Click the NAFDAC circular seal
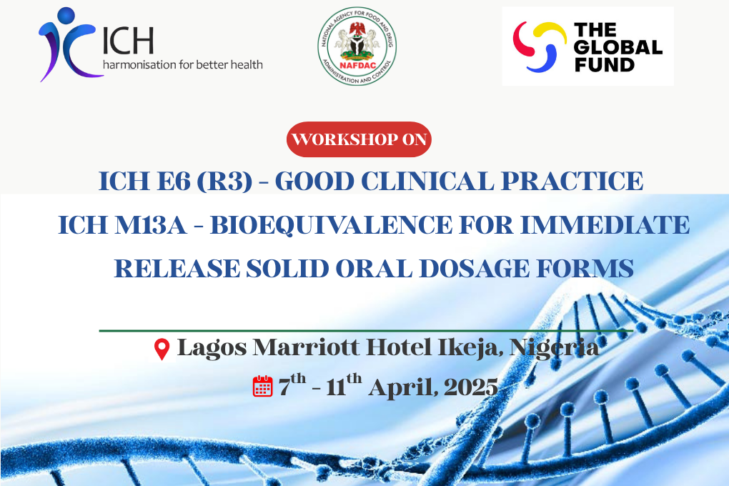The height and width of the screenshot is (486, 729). point(357,46)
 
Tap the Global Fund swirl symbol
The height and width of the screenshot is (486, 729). point(540,46)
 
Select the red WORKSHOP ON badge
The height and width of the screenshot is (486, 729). point(359,139)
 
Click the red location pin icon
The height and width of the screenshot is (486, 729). point(162,349)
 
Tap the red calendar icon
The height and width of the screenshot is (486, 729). point(263,386)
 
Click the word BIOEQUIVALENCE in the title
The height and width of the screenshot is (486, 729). point(331,225)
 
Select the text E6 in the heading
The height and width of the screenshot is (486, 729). point(173,182)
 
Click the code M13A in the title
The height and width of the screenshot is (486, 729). point(151,225)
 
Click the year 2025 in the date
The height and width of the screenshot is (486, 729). point(470,387)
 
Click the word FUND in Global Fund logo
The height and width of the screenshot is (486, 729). point(605,64)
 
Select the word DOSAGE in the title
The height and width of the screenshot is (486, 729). point(475,269)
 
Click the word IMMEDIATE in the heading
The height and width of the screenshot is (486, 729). point(605,225)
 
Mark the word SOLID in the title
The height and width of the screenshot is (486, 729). point(287,269)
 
